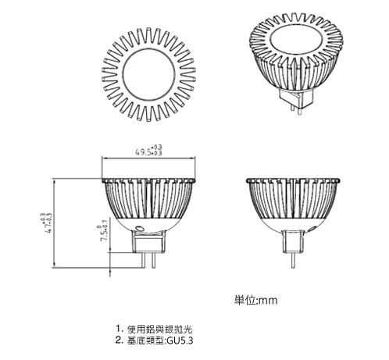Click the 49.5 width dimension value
click(149, 151)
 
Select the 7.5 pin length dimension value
click(103, 230)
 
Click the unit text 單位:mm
click(255, 300)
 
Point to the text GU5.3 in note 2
click(180, 340)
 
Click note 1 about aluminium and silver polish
click(154, 329)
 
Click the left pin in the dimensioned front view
click(143, 260)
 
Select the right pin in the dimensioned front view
click(154, 260)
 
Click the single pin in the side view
click(293, 260)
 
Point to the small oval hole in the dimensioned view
click(139, 228)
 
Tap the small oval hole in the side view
click(312, 229)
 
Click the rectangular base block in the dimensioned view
click(148, 242)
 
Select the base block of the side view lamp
click(293, 241)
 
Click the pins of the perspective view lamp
click(296, 109)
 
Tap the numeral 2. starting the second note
click(120, 340)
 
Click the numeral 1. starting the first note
click(120, 329)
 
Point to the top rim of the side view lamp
click(293, 180)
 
